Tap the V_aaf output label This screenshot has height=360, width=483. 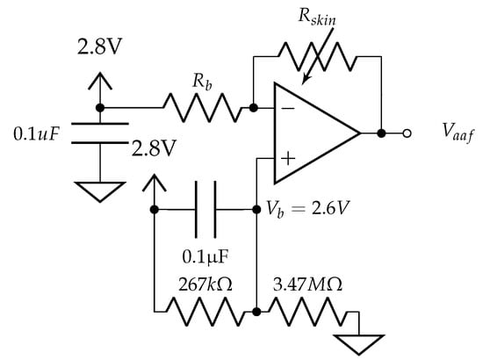pos(458,134)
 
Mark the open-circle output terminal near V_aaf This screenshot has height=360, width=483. pos(407,134)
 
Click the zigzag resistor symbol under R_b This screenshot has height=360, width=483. pos(200,108)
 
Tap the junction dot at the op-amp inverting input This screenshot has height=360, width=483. pos(253,108)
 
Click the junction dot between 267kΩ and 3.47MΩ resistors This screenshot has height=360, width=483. pos(255,312)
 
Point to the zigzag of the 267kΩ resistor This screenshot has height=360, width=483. pos(204,312)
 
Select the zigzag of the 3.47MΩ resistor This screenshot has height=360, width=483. pos(303,312)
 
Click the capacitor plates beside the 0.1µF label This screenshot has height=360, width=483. pos(207,210)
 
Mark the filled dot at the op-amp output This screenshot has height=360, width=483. pos(381,134)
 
